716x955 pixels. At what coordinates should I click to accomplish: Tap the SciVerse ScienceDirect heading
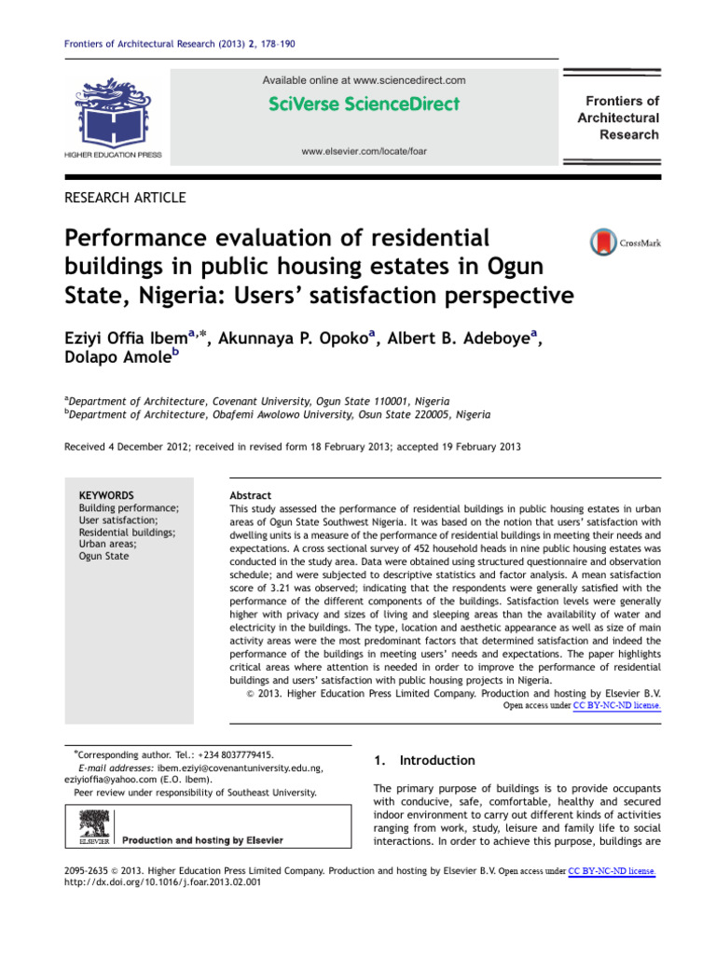[364, 104]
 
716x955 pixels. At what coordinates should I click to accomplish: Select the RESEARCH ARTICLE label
[125, 197]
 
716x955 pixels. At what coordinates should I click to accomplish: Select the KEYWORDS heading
[106, 495]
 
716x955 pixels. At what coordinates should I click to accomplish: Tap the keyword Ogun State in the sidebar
[104, 557]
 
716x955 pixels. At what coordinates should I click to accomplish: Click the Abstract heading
[251, 496]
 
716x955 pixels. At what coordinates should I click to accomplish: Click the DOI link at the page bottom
[160, 883]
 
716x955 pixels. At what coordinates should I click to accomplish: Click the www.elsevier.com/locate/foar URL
[364, 151]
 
